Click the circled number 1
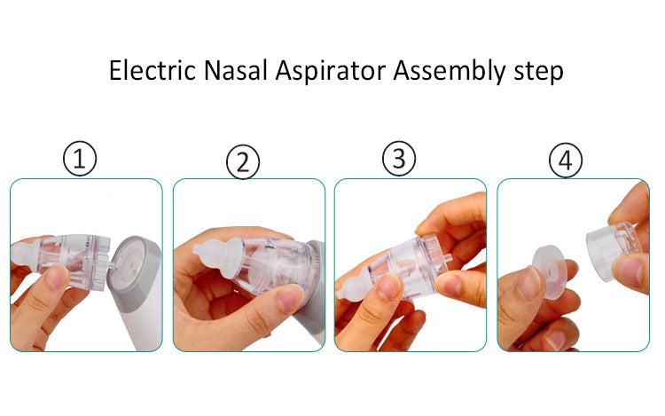coord(80,160)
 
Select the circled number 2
coord(243,163)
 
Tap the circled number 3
coord(399,159)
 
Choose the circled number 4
coord(565,161)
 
